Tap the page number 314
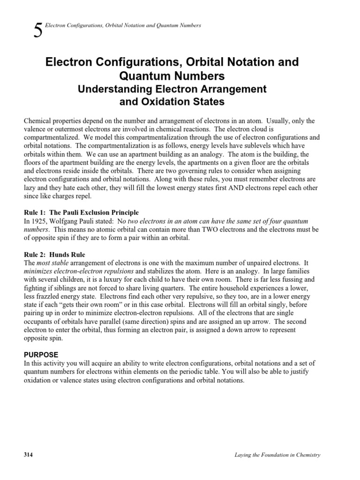(29, 455)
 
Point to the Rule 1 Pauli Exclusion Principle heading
(81, 212)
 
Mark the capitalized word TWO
(216, 229)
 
